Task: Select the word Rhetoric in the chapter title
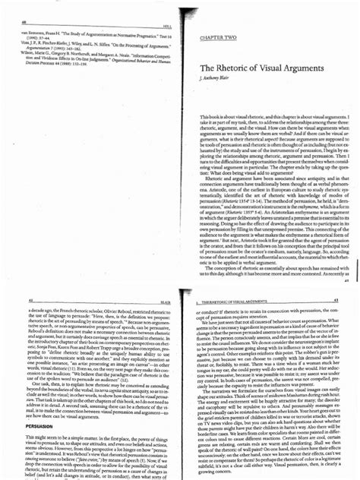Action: tap(227, 68)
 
